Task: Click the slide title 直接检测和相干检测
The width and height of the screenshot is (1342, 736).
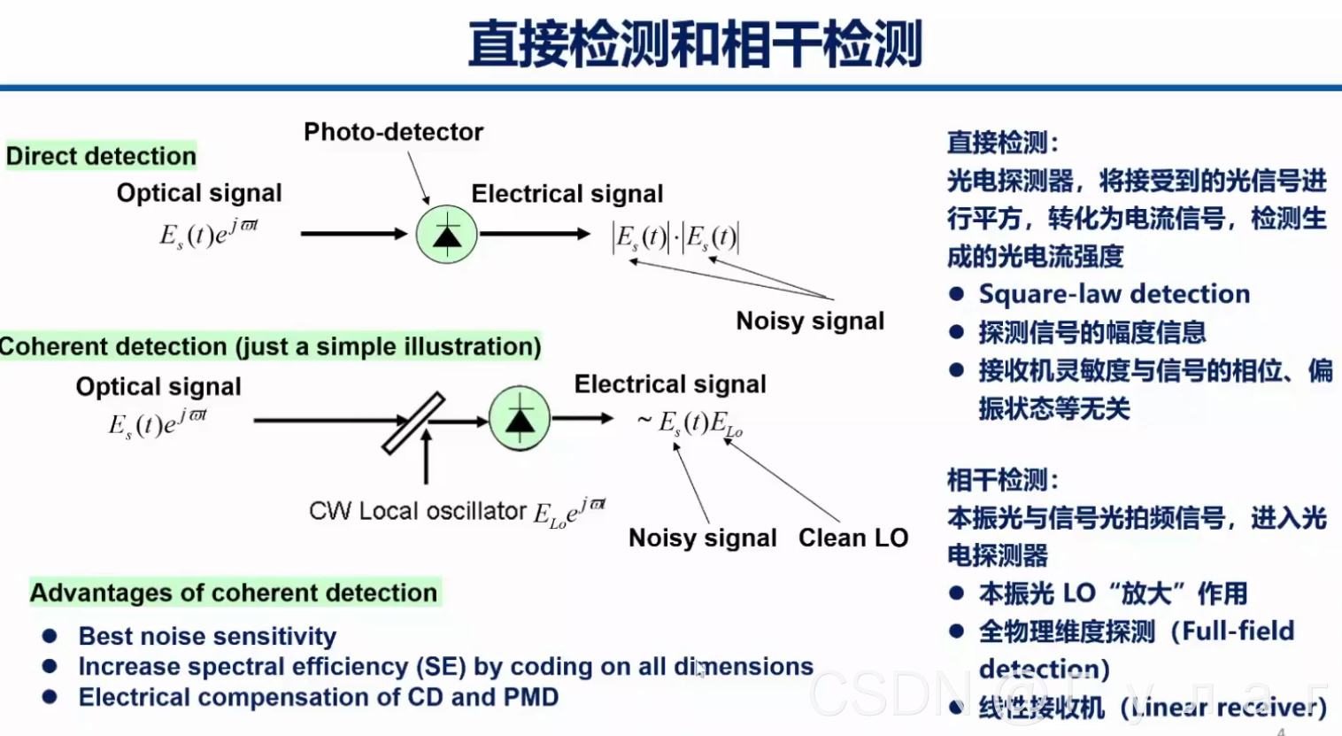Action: (x=696, y=44)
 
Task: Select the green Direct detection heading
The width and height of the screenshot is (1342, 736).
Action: (x=101, y=156)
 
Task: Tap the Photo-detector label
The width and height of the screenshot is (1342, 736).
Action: (x=393, y=132)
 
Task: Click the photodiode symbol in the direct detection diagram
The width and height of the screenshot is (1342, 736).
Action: (x=447, y=235)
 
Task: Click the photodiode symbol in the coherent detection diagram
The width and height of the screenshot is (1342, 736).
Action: (x=520, y=417)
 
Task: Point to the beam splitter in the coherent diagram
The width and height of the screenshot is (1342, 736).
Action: (x=413, y=423)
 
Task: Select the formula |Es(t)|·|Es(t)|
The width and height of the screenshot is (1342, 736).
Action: (x=675, y=237)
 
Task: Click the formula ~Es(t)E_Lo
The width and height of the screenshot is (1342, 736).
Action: (x=690, y=423)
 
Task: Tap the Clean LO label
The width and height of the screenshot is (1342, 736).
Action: (x=852, y=538)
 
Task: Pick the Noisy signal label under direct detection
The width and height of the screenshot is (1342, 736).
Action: (x=810, y=321)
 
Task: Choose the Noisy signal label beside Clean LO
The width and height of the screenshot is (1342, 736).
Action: (x=702, y=538)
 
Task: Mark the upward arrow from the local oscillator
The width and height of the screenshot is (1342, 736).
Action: (x=427, y=457)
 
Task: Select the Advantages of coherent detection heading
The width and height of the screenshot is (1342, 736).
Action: (x=234, y=593)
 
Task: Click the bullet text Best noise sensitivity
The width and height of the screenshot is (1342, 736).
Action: (x=207, y=636)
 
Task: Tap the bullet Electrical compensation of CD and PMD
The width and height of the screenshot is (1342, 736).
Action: (x=318, y=697)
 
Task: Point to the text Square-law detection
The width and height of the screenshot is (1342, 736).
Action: (x=1114, y=294)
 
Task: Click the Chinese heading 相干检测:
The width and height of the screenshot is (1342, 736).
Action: (x=1002, y=480)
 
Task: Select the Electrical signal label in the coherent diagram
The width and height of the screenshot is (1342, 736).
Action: (x=670, y=384)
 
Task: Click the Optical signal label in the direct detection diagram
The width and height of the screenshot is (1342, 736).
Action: (x=199, y=193)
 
